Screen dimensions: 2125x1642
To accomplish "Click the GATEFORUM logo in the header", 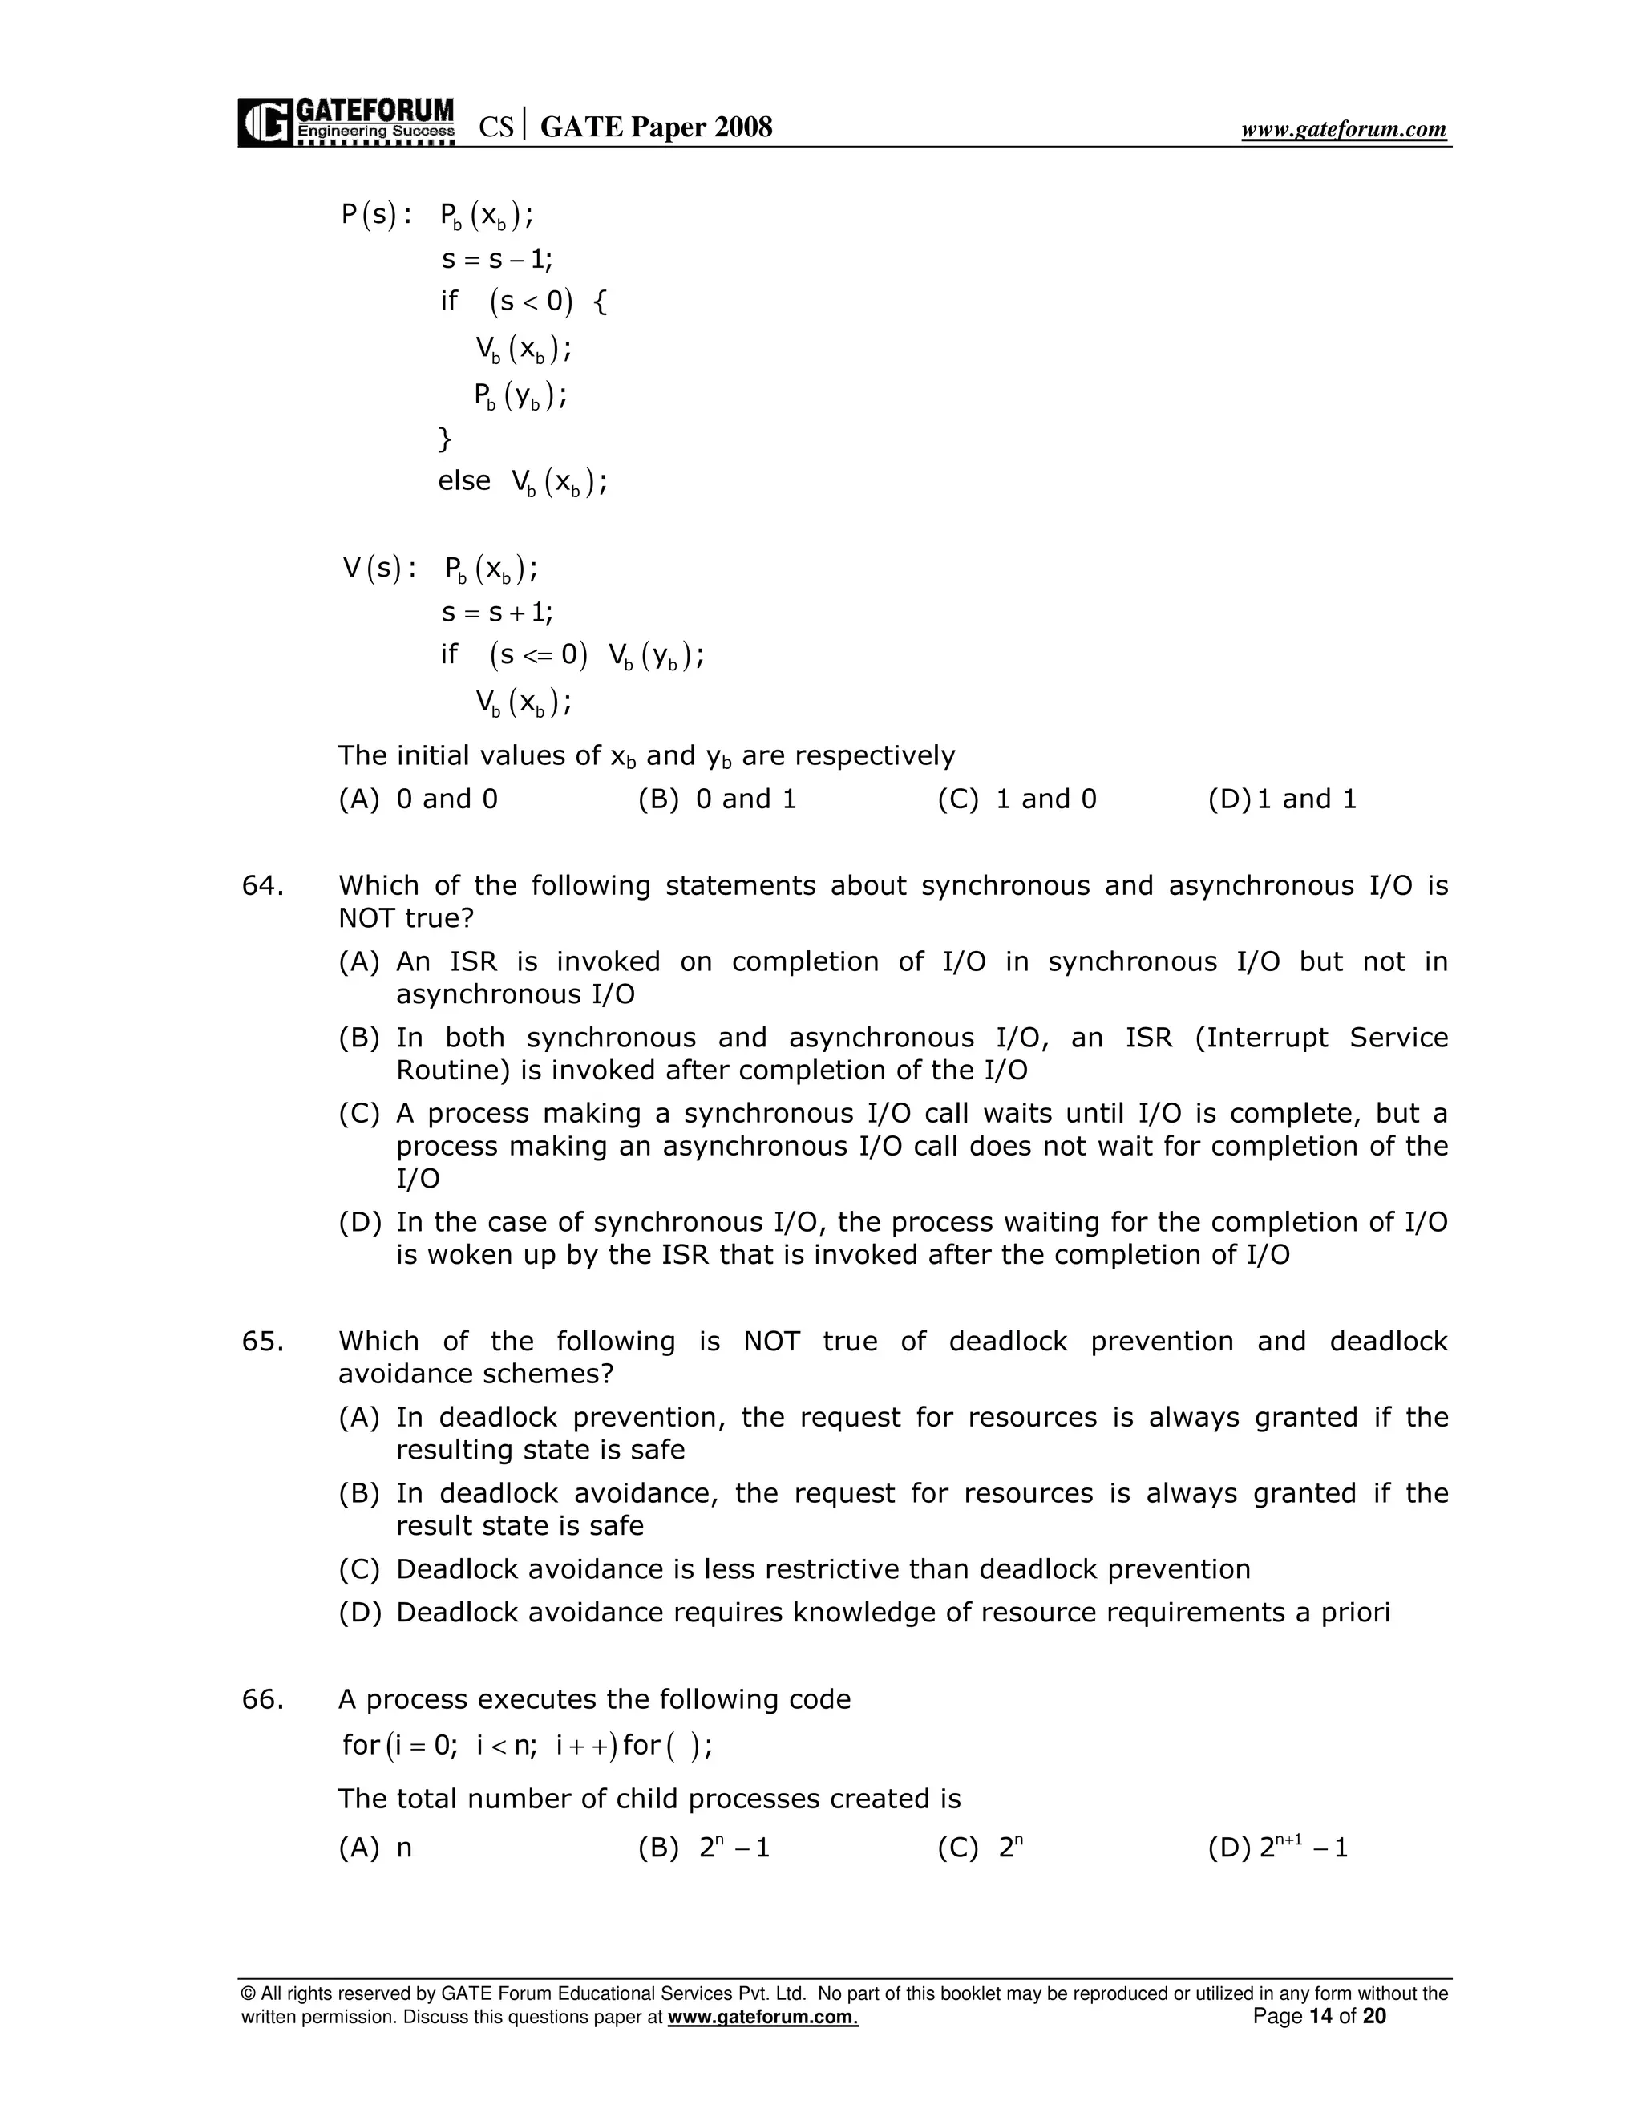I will pyautogui.click(x=346, y=122).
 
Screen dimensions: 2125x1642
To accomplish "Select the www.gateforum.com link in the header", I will pyautogui.click(x=1344, y=129).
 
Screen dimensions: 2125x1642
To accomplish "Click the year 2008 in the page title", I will pyautogui.click(x=743, y=127).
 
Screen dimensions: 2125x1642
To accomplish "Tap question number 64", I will pyautogui.click(x=263, y=886).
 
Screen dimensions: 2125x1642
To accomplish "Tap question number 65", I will pyautogui.click(x=263, y=1342).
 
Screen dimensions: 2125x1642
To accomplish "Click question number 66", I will pyautogui.click(x=263, y=1700).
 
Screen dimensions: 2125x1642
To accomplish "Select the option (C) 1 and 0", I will pyautogui.click(x=1017, y=799).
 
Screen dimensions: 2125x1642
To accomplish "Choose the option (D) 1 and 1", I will pyautogui.click(x=1281, y=799).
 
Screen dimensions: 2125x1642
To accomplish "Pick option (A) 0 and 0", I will pyautogui.click(x=419, y=799).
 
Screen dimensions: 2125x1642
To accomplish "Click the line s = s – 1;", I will pyautogui.click(x=497, y=260).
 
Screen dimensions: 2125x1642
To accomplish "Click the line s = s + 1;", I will pyautogui.click(x=497, y=613).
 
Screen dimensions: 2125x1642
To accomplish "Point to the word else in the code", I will pyautogui.click(x=464, y=480).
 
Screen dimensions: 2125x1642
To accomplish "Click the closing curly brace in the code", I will pyautogui.click(x=446, y=439).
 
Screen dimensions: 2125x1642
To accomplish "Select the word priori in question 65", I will pyautogui.click(x=1355, y=1613).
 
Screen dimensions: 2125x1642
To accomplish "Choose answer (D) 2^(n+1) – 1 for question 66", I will pyautogui.click(x=1278, y=1848).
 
